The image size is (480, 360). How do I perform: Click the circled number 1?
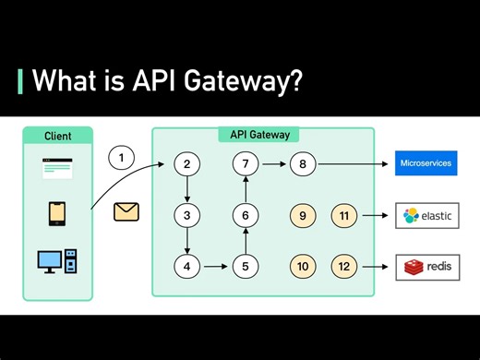pos(121,158)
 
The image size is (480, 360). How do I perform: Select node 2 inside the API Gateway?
pos(187,165)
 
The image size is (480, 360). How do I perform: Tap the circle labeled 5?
pos(246,267)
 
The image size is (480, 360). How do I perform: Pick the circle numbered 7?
pos(246,165)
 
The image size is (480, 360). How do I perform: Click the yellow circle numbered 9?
pos(303,216)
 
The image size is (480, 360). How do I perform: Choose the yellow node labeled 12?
pos(344,267)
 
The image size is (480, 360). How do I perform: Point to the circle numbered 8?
pos(303,165)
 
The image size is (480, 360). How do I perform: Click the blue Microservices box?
pos(426,164)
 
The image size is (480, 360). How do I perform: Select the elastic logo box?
pos(426,216)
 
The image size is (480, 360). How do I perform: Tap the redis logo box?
pos(426,267)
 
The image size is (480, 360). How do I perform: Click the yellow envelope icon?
pos(126,211)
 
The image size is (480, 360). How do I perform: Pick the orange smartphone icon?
pos(56,214)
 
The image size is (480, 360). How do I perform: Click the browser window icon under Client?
pos(56,169)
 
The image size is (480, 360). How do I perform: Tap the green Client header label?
pos(57,136)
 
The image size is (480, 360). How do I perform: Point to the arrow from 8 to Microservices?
pos(352,165)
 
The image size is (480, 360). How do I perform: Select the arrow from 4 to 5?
pos(216,267)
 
